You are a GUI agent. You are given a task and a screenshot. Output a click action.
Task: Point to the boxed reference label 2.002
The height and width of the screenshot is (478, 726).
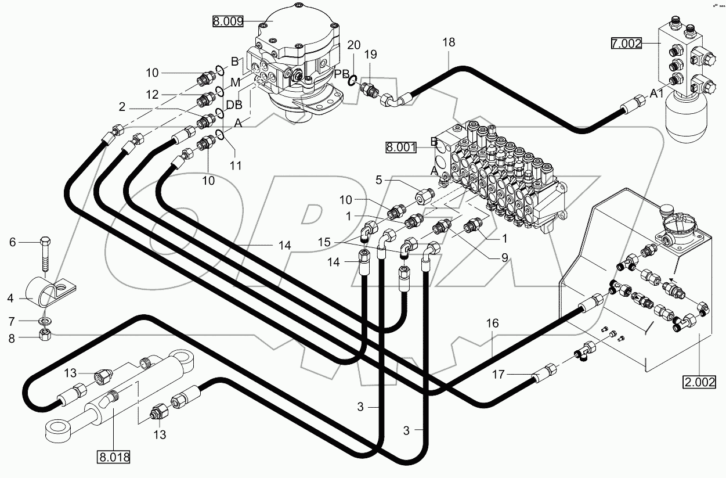[x=699, y=382]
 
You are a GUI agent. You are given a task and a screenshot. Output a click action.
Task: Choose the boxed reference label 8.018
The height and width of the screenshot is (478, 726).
[x=114, y=457]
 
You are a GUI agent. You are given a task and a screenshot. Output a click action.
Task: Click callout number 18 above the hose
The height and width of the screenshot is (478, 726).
[x=448, y=42]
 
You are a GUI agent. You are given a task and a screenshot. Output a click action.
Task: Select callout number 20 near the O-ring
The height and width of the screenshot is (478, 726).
[x=353, y=45]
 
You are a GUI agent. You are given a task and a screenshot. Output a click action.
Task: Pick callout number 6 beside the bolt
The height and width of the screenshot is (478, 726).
[x=12, y=243]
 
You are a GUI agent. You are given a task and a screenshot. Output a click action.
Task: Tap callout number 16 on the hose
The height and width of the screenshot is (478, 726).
[x=492, y=324]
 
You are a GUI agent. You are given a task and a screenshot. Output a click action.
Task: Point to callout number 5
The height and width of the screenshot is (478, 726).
[x=378, y=180]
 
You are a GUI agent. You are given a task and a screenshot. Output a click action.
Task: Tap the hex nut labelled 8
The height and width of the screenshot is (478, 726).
[x=45, y=335]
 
